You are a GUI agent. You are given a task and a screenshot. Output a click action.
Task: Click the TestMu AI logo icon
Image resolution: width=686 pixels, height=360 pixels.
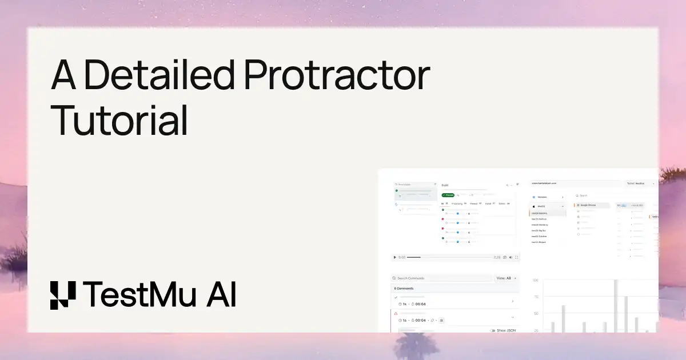click(x=62, y=295)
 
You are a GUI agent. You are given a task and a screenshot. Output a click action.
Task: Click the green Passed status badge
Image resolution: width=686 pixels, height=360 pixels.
click(x=448, y=195)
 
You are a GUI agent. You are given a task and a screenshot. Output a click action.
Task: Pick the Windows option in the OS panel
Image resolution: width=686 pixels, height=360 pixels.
click(x=543, y=197)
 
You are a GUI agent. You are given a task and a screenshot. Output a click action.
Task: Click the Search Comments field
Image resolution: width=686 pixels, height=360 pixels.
click(x=440, y=278)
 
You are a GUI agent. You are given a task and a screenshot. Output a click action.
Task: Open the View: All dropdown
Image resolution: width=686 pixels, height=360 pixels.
click(x=505, y=278)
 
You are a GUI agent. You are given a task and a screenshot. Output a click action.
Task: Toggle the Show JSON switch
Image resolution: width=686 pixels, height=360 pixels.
click(x=493, y=330)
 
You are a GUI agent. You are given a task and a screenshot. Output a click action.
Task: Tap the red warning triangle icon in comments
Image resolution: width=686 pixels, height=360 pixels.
click(x=396, y=314)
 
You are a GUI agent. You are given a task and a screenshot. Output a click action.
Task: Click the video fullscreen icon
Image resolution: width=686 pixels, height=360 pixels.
click(x=517, y=257)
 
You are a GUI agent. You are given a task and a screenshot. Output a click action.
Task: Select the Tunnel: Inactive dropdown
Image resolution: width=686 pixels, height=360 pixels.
click(x=639, y=183)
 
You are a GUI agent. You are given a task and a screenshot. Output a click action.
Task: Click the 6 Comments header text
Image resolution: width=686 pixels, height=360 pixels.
click(x=404, y=289)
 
